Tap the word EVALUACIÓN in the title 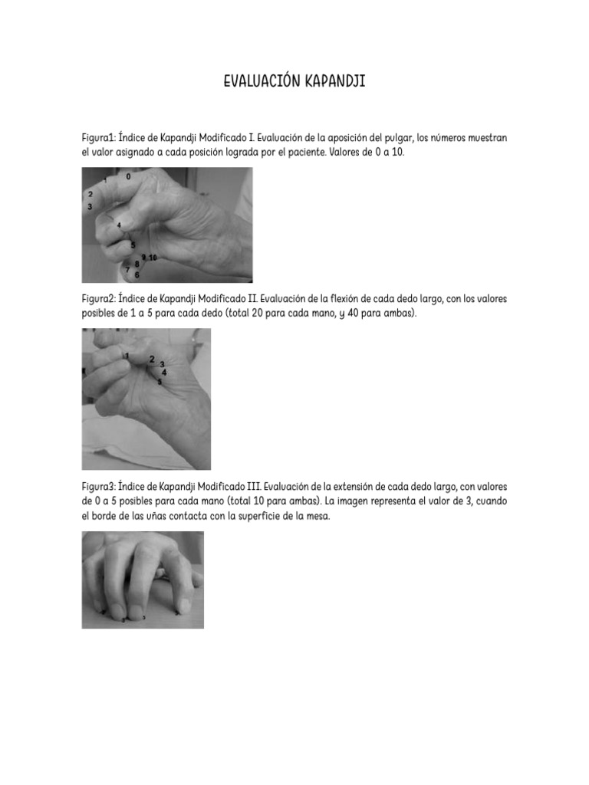tap(259, 81)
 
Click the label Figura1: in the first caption tap(98, 139)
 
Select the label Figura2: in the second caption tap(99, 298)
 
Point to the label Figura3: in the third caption tap(99, 487)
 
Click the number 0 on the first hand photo tap(128, 176)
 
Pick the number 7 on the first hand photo tap(127, 269)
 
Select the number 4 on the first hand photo tap(119, 225)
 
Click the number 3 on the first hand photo tap(90, 207)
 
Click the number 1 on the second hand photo tap(127, 355)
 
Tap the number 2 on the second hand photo tap(152, 359)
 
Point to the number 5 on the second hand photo tap(159, 381)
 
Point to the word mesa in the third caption tap(316, 516)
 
